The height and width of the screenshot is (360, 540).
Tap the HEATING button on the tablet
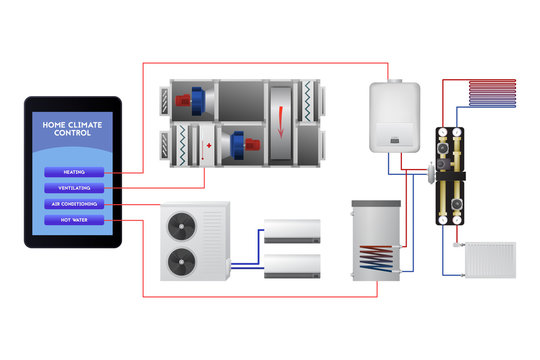pos(73,172)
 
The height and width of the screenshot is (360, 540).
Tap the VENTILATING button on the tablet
pos(73,188)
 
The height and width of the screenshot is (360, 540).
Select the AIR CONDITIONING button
pos(73,204)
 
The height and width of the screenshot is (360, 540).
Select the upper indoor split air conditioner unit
pos(291,232)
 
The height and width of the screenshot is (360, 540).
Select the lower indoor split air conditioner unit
pos(291,265)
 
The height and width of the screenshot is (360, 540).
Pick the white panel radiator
pos(490,259)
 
